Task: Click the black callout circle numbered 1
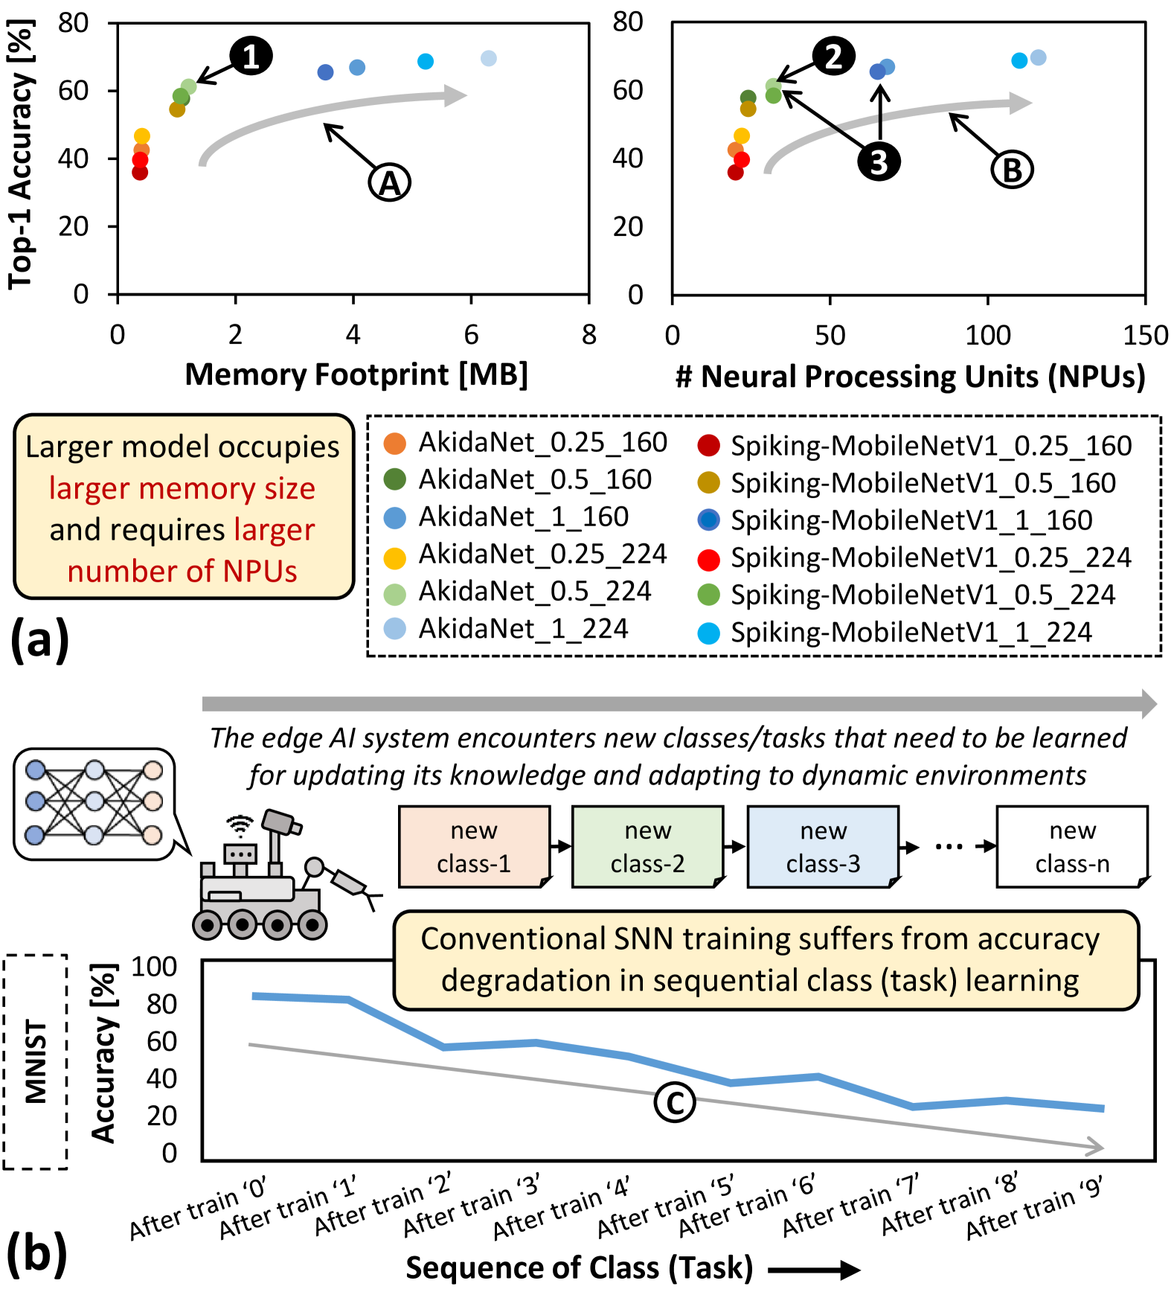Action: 251,57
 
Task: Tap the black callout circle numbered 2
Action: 833,57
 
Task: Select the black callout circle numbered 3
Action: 879,161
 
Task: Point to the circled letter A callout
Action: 390,182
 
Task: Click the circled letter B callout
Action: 1012,170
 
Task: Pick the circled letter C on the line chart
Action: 675,1103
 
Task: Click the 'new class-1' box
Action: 474,847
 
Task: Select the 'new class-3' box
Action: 823,847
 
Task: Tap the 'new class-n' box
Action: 1072,847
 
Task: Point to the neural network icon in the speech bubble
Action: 94,803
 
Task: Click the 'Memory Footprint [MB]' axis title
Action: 356,374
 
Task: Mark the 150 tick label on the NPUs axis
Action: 1145,336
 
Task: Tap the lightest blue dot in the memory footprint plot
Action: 488,59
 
